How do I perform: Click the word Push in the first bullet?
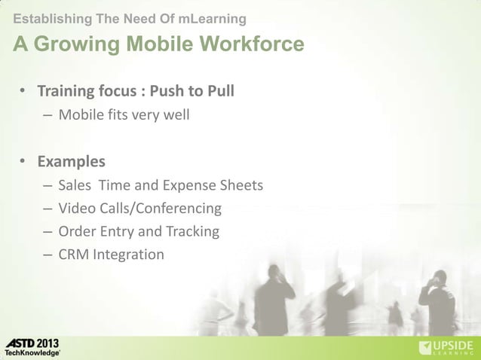(x=166, y=92)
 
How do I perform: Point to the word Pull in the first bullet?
(x=219, y=92)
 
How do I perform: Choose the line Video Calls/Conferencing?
(x=139, y=208)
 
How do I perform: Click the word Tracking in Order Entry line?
(x=192, y=231)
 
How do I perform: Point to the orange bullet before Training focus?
(x=23, y=93)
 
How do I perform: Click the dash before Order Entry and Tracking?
(x=47, y=231)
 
